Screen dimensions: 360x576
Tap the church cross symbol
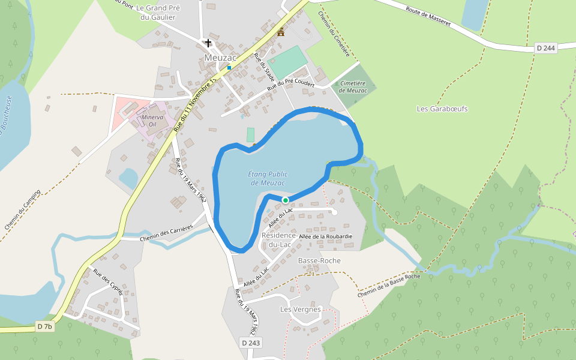pyautogui.click(x=208, y=43)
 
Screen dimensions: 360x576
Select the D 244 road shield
pyautogui.click(x=545, y=48)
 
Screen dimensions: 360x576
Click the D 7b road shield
pyautogui.click(x=45, y=326)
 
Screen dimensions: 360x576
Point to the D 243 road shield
pyautogui.click(x=251, y=342)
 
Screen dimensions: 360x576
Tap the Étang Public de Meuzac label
pyautogui.click(x=267, y=178)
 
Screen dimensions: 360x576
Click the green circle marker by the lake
pyautogui.click(x=286, y=200)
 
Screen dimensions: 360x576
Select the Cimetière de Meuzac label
pyautogui.click(x=353, y=87)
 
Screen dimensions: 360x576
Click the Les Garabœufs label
pyautogui.click(x=442, y=109)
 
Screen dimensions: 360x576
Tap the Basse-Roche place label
pyautogui.click(x=319, y=260)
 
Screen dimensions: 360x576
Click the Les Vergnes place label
pyautogui.click(x=301, y=309)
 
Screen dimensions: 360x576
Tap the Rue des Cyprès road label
pyautogui.click(x=108, y=281)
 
